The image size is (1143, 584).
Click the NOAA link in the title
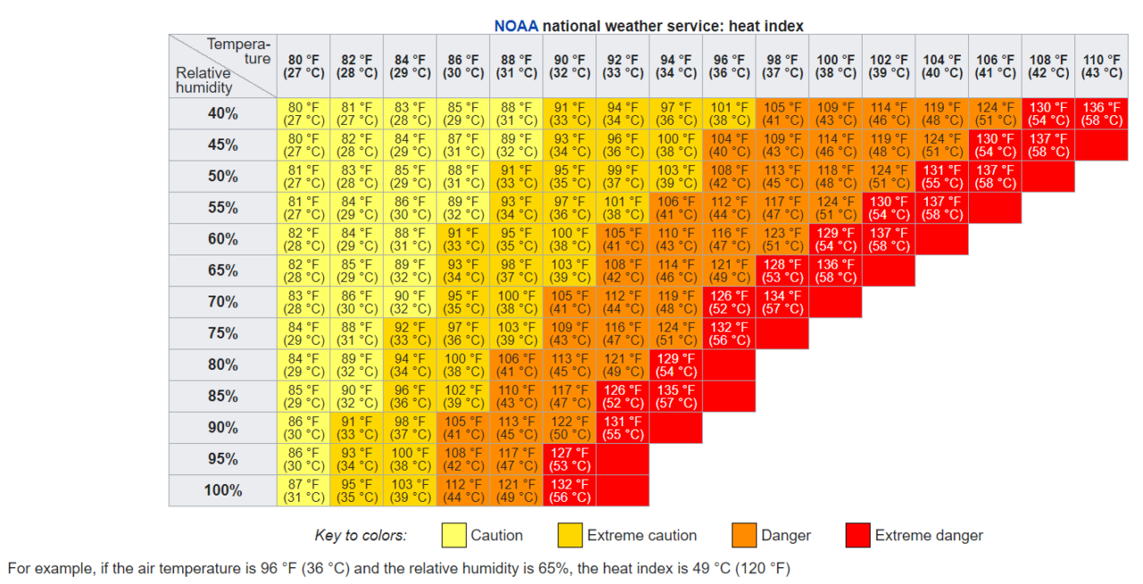[x=516, y=26]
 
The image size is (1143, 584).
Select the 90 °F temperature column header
[x=570, y=66]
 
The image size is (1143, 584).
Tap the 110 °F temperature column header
[x=1102, y=66]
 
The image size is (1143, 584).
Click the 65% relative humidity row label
[x=222, y=271]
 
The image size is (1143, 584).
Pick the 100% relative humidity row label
[x=222, y=490]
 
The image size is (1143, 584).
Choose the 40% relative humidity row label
[x=222, y=113]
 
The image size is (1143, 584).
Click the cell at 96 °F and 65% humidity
[x=730, y=271]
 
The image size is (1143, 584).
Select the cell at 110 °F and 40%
[x=1102, y=113]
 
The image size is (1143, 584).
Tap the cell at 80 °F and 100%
[x=304, y=490]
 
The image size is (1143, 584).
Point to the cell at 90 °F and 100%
[x=570, y=490]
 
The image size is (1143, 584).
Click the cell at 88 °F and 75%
[x=516, y=333]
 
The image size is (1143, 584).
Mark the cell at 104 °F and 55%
[x=942, y=208]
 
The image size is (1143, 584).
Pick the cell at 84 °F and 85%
[x=410, y=396]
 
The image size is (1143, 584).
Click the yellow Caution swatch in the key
[x=455, y=535]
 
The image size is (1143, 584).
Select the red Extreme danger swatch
[x=857, y=535]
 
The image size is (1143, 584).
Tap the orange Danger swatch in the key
[x=744, y=535]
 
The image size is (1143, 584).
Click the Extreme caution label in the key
[x=641, y=536]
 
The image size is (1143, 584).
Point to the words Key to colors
[x=360, y=536]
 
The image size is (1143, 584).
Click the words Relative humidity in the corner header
[x=204, y=80]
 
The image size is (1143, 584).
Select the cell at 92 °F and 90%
[x=622, y=427]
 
